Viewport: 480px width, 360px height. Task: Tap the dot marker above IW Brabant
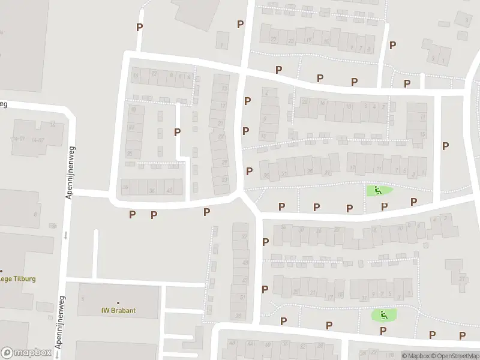tap(118, 302)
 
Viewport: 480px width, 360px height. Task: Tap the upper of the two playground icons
tap(377, 191)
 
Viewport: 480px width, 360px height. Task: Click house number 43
tap(244, 263)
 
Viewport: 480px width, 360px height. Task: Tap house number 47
tap(244, 280)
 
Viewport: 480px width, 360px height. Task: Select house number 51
tap(242, 297)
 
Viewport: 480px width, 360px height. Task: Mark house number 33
tap(225, 179)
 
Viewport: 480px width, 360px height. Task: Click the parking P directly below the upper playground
tap(384, 206)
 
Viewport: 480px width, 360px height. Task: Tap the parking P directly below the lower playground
tap(383, 330)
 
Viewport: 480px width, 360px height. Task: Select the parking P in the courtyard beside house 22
tap(177, 132)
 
